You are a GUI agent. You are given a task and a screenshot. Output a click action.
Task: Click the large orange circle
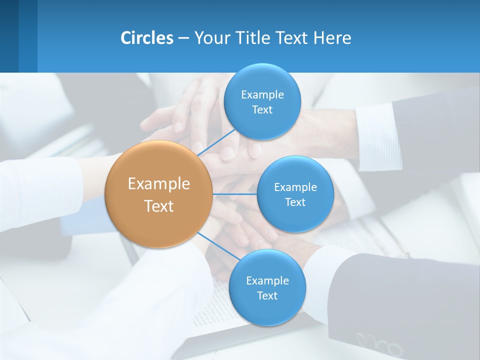coord(159,194)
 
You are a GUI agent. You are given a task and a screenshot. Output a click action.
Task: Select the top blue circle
coord(262,101)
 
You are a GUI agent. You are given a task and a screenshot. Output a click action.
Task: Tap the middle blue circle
coord(295,194)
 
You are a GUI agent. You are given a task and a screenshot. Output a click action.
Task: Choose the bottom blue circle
coord(267,287)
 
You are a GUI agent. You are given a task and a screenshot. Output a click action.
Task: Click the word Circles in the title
coord(147,38)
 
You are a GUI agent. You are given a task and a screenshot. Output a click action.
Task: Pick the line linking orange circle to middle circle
coord(234,194)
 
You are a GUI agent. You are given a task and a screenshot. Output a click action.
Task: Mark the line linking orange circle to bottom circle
coord(216,245)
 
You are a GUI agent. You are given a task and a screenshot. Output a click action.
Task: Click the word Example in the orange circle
coord(159,184)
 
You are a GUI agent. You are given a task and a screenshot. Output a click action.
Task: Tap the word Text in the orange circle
coord(159,206)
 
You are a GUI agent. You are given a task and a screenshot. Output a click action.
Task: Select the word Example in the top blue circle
coord(262,95)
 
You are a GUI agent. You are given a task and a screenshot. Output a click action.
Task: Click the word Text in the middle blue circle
coord(295,202)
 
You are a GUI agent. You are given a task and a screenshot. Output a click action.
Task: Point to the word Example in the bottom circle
coord(267,281)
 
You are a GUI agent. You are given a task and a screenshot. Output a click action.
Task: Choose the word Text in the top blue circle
coord(262,110)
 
